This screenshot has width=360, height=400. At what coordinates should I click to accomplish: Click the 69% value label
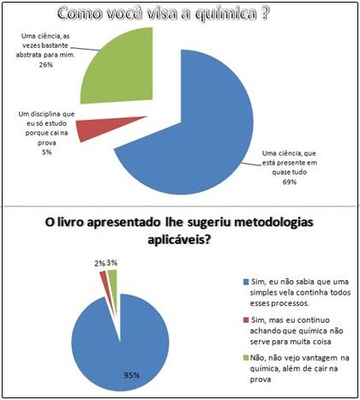tap(290, 182)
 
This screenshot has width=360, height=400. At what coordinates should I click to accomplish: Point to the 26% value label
tap(46, 65)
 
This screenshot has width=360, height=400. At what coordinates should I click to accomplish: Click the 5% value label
tap(46, 152)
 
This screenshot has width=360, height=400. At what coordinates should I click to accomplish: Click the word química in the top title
tap(225, 14)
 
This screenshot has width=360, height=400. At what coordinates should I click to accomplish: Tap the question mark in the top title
tap(265, 13)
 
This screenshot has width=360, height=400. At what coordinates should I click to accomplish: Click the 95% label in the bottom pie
tap(132, 375)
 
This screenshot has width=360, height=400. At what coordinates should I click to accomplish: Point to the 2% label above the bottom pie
tap(99, 263)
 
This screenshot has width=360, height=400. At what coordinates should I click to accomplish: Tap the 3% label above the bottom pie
tap(112, 263)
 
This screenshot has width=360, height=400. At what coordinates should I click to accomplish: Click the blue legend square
tap(246, 282)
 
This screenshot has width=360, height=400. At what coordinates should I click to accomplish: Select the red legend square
tap(246, 320)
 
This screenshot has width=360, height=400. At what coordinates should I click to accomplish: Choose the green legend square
tap(246, 358)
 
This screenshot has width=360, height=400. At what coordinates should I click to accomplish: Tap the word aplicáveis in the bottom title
tap(179, 240)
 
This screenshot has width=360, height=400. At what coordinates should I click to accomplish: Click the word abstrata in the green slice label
tap(28, 55)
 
